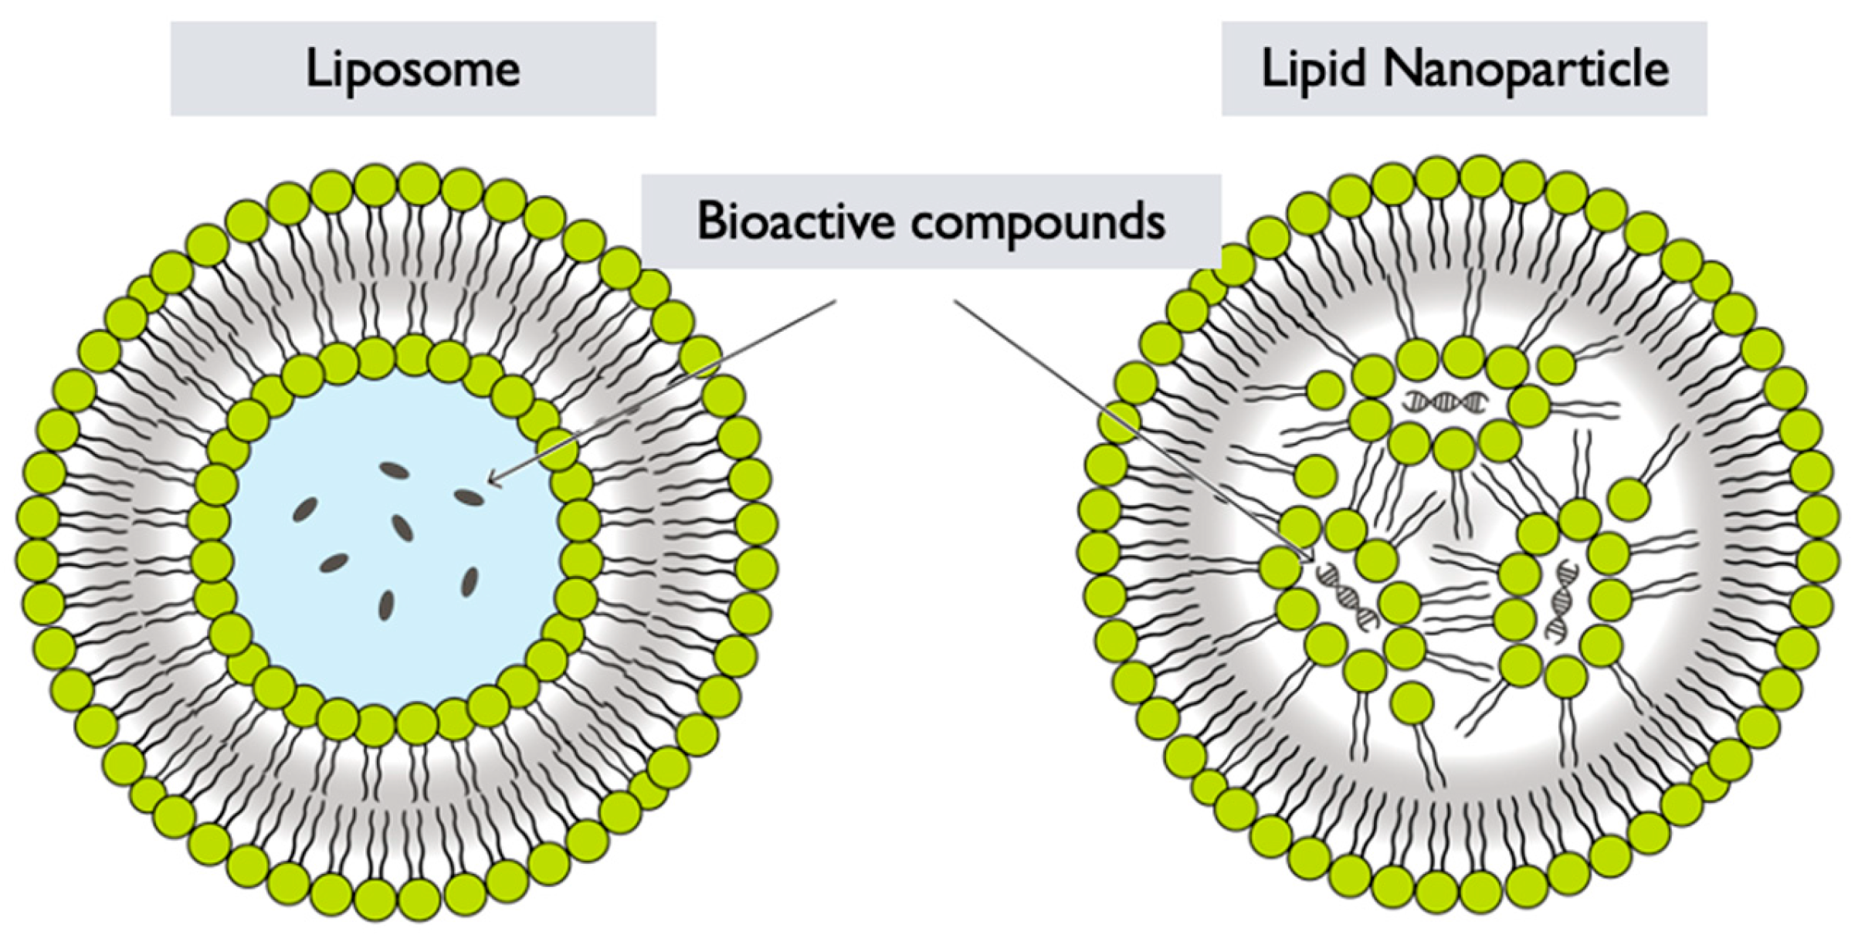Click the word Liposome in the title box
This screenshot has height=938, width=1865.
(413, 69)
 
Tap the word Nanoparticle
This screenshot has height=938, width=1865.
(1526, 69)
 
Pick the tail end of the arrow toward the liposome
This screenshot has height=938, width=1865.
(836, 302)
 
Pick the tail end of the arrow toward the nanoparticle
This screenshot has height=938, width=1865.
(955, 301)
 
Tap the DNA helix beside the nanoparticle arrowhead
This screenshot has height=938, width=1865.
(1348, 594)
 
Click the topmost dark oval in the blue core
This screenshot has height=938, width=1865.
(395, 470)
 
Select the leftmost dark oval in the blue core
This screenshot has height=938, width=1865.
(305, 510)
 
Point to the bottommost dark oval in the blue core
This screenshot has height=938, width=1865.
(386, 605)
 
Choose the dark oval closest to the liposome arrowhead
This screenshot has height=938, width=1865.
(468, 497)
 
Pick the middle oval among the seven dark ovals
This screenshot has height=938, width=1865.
(402, 527)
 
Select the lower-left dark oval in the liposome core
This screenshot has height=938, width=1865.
(334, 563)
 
